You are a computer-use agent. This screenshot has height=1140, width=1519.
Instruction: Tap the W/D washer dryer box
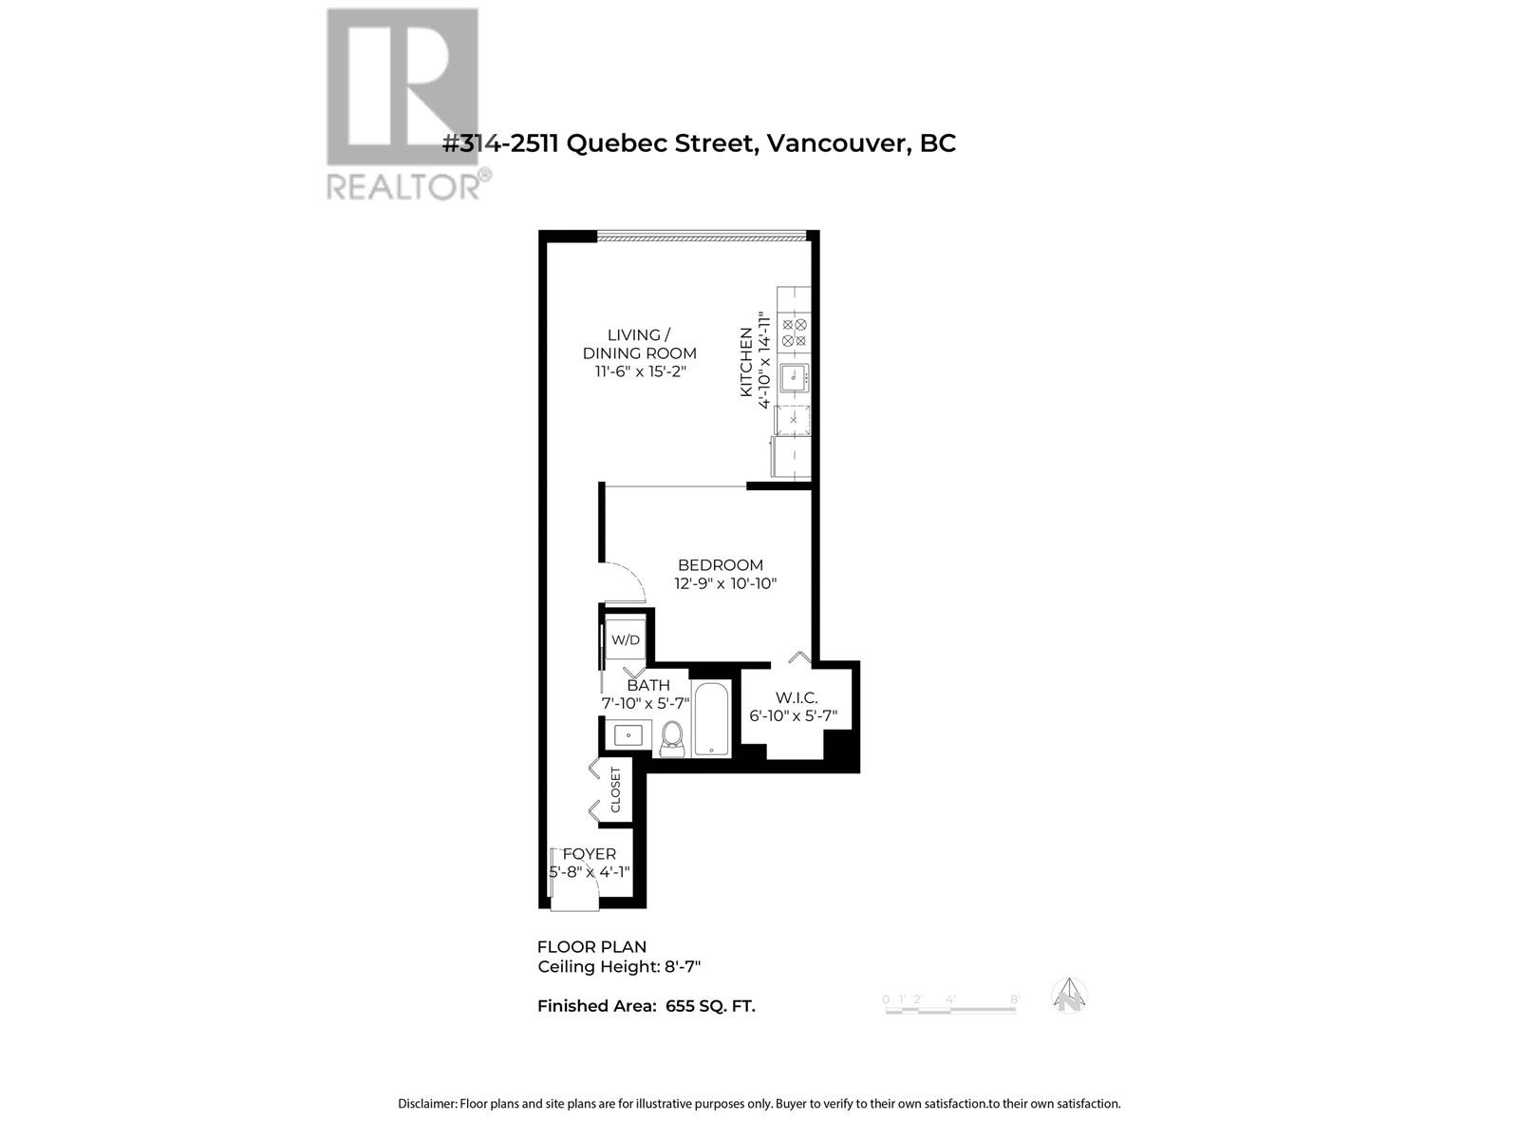[x=625, y=639]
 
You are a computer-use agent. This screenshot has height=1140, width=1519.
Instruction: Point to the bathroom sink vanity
[x=628, y=734]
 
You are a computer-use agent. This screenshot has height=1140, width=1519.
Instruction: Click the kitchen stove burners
[x=794, y=332]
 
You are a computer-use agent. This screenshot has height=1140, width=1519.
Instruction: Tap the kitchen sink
[x=793, y=377]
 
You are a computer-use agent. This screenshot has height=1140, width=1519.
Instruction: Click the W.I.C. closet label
[x=796, y=698]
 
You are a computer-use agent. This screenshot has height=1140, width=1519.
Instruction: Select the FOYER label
[x=590, y=854]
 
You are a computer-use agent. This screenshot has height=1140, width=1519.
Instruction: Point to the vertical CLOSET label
[x=615, y=789]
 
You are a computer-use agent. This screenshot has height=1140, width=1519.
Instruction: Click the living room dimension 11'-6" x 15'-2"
[x=640, y=371]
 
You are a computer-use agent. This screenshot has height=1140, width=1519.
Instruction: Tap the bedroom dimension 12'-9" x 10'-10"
[x=726, y=584]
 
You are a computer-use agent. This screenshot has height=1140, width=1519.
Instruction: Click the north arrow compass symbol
[x=1069, y=996]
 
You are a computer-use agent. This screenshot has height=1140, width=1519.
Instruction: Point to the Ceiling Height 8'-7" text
[x=619, y=967]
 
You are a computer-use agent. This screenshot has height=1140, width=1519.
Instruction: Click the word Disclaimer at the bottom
[x=426, y=1104]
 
